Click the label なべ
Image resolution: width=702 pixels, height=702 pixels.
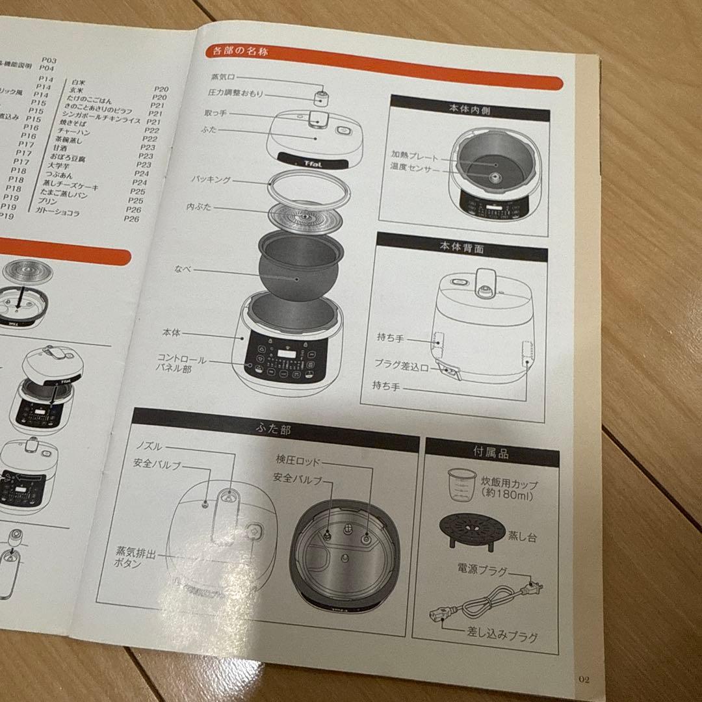coord(182,268)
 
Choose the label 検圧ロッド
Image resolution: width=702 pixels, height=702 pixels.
coord(298,461)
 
